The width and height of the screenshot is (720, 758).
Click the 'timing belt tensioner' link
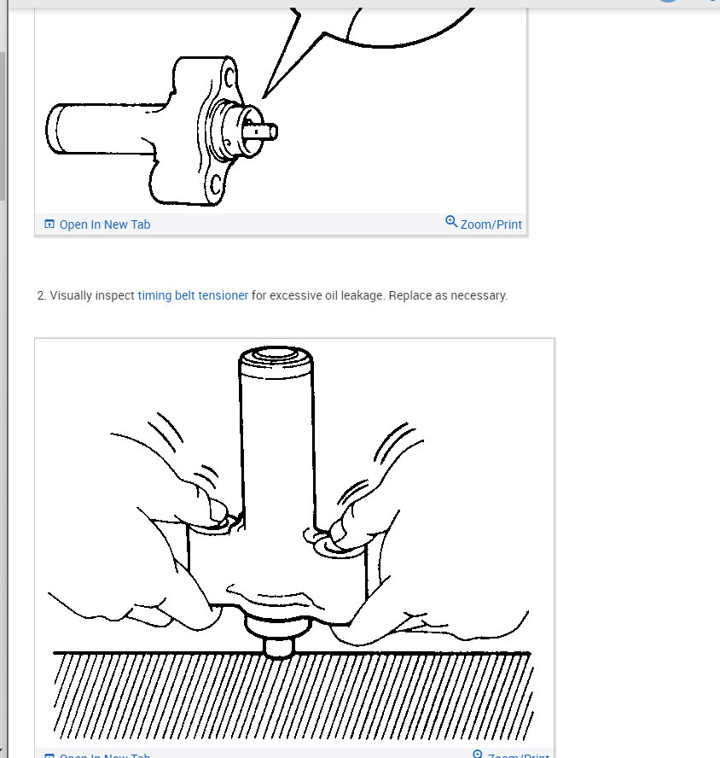tap(193, 295)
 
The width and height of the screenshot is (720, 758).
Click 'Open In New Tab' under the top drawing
tap(105, 224)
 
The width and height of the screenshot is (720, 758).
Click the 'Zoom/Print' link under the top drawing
tap(491, 224)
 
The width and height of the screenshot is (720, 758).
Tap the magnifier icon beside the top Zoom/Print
tap(451, 222)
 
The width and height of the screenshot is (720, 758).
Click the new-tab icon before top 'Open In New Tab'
tap(49, 224)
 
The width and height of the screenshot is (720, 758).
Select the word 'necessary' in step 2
tap(480, 295)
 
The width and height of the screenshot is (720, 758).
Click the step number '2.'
tap(41, 295)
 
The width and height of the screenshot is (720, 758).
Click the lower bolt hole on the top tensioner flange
tap(216, 182)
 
